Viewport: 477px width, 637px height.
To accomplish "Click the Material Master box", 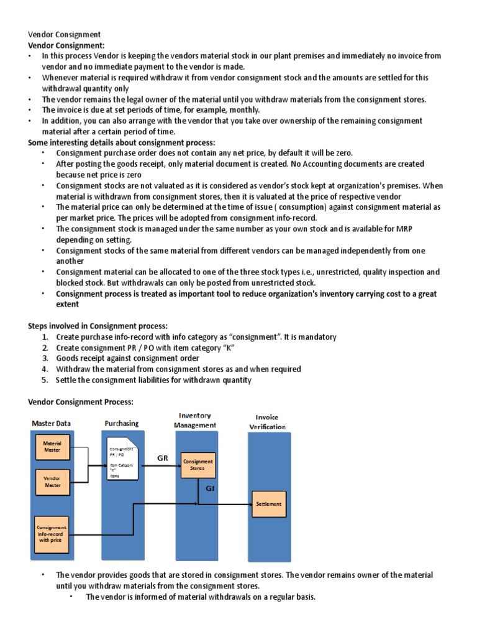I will [52, 446].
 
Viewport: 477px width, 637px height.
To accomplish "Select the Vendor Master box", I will [52, 482].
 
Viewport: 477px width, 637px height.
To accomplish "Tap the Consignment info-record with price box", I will [52, 534].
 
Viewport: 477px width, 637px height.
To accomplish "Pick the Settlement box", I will [269, 503].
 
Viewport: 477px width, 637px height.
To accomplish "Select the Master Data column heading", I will [52, 424].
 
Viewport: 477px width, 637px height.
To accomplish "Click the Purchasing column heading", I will [122, 423].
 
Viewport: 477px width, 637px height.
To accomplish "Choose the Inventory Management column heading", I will [196, 420].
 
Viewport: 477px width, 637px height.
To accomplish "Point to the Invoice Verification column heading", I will [268, 422].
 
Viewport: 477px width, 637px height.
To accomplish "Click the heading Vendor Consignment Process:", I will [81, 402].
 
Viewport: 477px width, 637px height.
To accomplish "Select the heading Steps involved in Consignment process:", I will [98, 325].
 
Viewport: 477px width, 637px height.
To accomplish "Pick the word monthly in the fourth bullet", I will [244, 109].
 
